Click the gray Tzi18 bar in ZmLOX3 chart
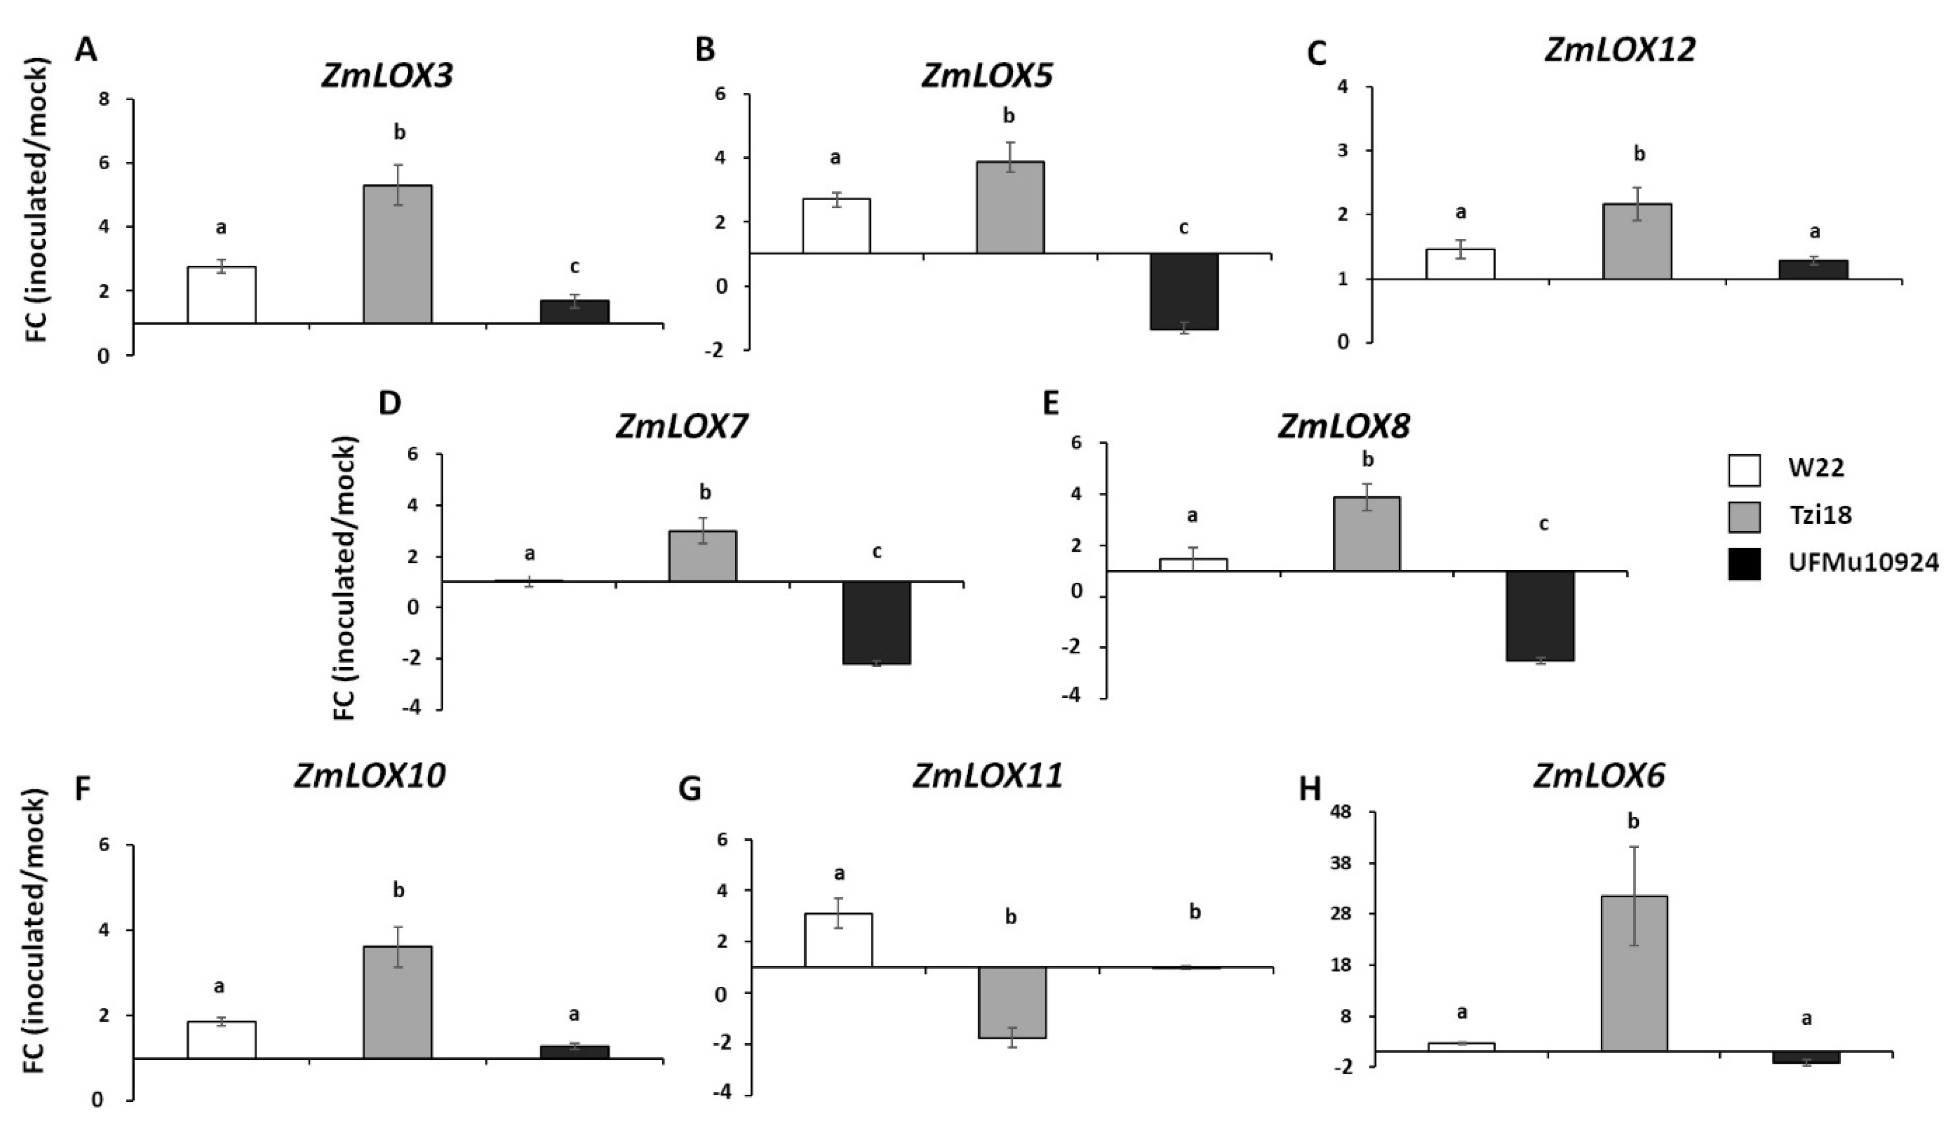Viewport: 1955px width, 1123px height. [397, 254]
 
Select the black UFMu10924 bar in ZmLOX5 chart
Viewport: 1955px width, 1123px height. [1184, 291]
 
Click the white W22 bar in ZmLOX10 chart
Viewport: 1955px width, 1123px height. [222, 1040]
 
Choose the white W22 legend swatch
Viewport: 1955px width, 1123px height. [1744, 470]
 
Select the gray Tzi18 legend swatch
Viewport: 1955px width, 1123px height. [1744, 517]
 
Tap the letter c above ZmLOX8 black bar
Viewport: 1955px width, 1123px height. [1544, 524]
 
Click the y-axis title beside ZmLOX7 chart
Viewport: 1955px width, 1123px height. [347, 579]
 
